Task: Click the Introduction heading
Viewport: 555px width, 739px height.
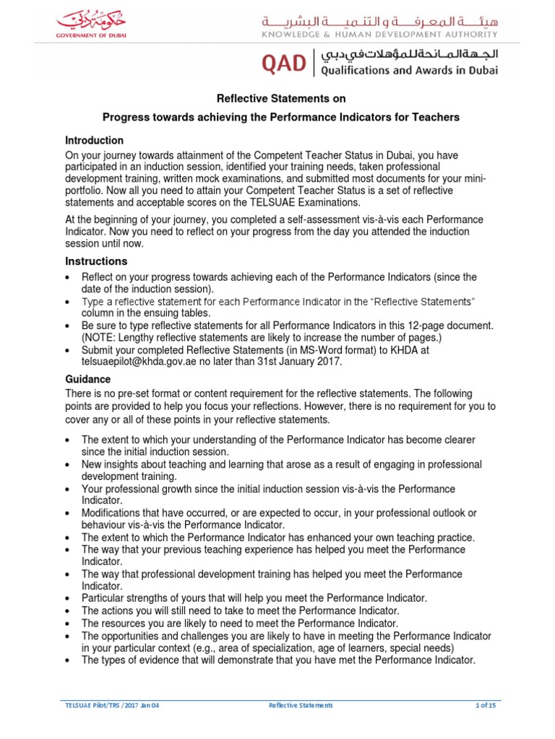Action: point(94,140)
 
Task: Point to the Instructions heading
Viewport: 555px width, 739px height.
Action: point(96,261)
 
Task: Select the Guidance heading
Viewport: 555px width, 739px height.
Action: point(87,379)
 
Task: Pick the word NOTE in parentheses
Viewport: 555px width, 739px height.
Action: point(99,338)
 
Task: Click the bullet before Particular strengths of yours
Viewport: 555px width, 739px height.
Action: point(68,598)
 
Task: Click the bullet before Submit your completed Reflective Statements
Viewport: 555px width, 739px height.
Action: point(68,351)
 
